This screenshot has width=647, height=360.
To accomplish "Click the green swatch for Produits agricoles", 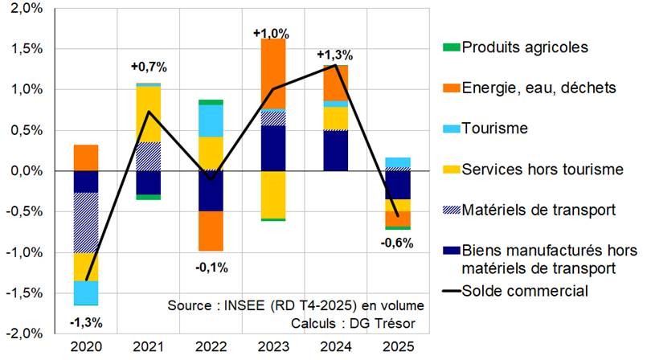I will point(450,47).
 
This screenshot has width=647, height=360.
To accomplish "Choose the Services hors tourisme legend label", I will point(543,169).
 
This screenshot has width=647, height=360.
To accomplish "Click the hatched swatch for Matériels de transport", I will point(450,210).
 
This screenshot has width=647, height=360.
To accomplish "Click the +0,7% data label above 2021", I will point(148,66).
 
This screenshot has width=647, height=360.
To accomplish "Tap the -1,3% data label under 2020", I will point(87,323).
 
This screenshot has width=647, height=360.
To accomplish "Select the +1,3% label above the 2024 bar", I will point(334,55).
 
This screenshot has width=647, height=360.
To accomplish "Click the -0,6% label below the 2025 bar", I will point(396,243).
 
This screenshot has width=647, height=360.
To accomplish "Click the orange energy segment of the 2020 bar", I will point(86,157).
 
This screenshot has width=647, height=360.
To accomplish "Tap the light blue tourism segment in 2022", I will point(210,121).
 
